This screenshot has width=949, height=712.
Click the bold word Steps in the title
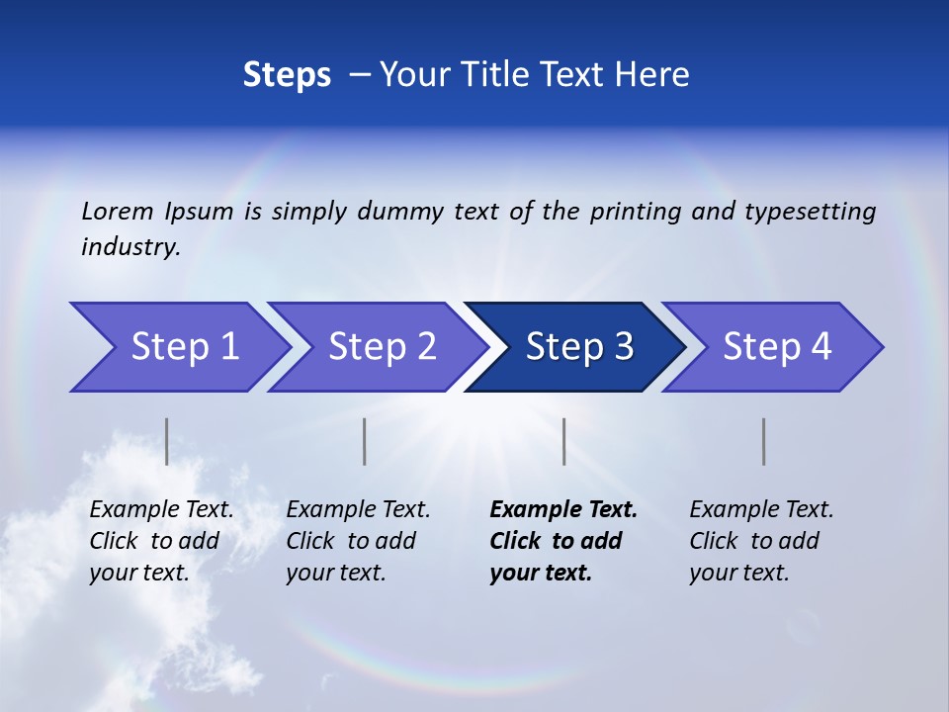point(287,75)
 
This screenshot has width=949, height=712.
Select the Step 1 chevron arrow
point(178,347)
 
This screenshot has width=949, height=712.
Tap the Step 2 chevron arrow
point(376,347)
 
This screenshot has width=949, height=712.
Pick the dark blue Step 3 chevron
point(573,347)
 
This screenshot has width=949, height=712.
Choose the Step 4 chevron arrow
point(771,347)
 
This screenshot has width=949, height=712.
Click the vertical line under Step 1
point(167,441)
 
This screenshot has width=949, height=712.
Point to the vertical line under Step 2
point(365,441)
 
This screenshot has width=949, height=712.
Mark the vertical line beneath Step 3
point(563,441)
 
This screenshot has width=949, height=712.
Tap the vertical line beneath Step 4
point(763,441)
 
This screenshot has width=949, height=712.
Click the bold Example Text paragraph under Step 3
point(561,541)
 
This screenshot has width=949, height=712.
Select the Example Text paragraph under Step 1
point(161,541)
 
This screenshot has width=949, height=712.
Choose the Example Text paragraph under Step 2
point(358,541)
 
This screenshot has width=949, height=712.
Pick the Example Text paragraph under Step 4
point(761,541)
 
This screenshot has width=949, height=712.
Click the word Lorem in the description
point(118,212)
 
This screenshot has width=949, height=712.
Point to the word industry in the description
point(129,247)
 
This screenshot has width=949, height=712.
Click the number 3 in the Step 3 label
point(623,347)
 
